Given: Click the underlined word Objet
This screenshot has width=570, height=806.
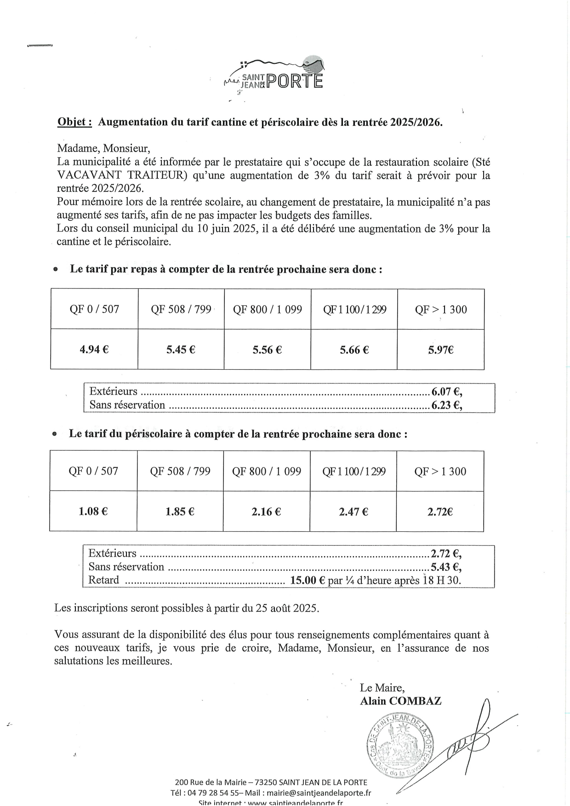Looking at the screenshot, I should coord(74,122).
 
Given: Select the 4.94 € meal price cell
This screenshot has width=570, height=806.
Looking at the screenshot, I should coord(94,349).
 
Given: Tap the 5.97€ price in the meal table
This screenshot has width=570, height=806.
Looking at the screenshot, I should coord(441,350).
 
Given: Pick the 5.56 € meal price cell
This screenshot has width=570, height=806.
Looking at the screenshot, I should coord(267,350).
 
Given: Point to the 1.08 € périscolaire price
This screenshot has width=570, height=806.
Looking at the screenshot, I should coord(93,512).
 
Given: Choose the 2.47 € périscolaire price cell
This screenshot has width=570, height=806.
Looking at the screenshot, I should coord(353,512).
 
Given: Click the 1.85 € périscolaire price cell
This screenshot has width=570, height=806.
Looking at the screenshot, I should coord(180,512).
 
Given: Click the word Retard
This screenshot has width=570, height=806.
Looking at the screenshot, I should coord(104,580).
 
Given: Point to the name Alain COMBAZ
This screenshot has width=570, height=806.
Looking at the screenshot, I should coord(401,701).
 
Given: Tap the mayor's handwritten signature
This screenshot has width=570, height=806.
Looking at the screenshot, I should coord(473,739).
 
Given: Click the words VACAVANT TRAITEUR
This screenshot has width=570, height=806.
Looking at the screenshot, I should coord(122,175).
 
